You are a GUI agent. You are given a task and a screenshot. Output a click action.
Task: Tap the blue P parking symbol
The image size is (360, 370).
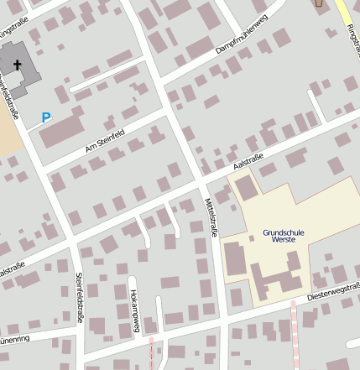46,119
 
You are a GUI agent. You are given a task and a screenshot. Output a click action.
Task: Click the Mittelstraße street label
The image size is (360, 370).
211,217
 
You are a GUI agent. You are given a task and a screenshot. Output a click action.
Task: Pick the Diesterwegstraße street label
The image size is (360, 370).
333,291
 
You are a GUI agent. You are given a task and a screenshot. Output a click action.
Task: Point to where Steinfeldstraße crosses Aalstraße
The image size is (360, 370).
74,243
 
